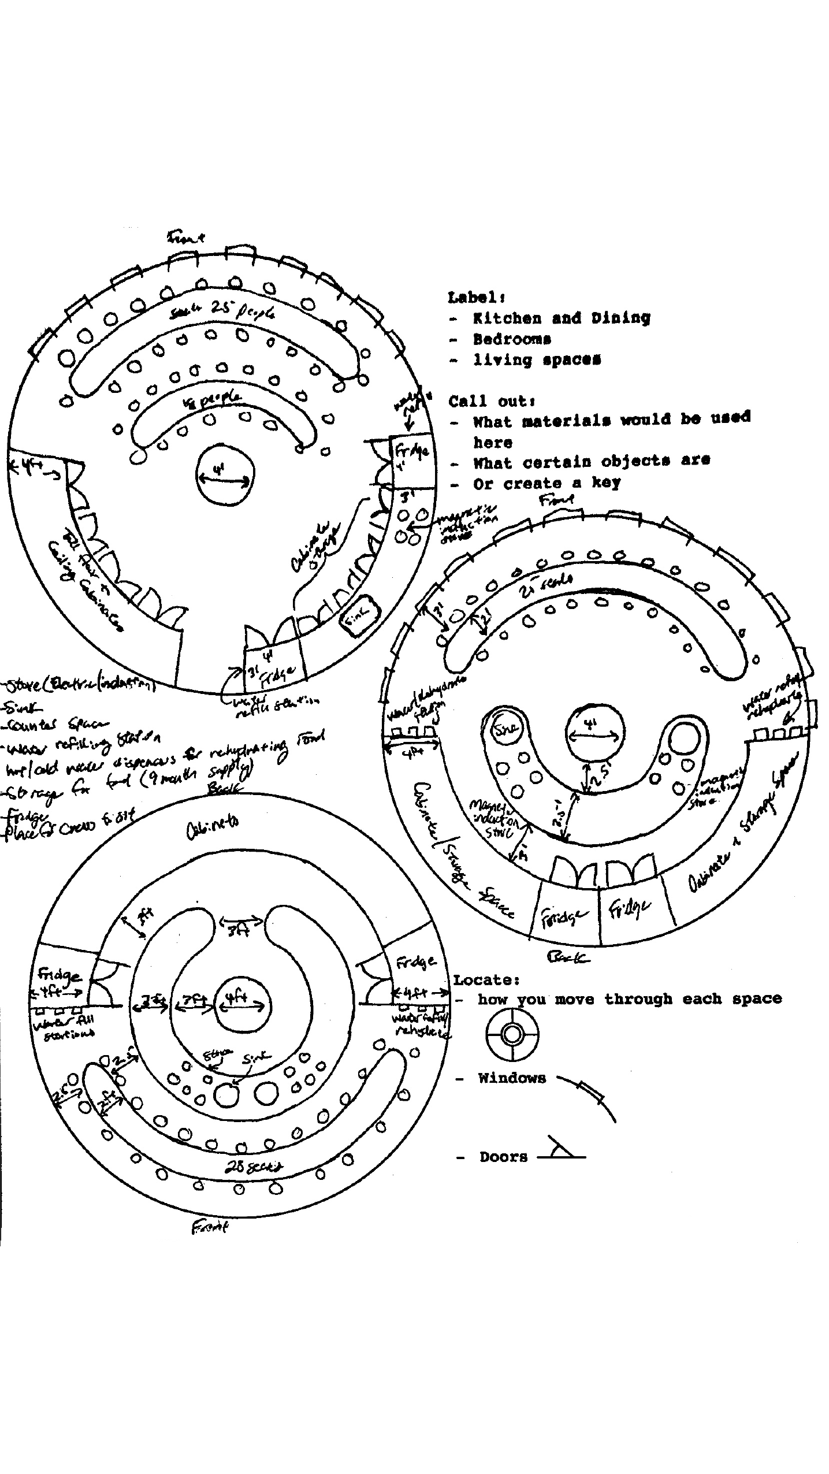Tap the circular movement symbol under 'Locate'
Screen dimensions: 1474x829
click(x=512, y=1034)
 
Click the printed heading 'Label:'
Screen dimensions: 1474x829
click(x=477, y=298)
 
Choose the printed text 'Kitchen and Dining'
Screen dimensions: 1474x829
click(x=561, y=318)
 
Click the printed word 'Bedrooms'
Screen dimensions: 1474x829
click(x=512, y=339)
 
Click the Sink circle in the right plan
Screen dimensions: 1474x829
click(x=505, y=729)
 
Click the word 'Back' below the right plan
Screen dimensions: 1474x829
click(x=568, y=958)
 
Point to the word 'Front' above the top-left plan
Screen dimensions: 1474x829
click(x=185, y=237)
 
